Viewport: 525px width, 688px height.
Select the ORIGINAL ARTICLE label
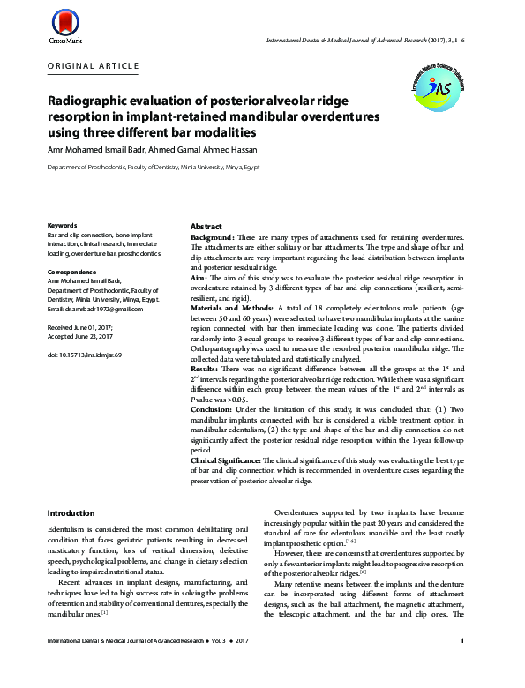pos(93,66)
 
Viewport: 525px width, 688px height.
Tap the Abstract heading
pos(206,227)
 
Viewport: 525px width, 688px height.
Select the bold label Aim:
pos(200,277)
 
